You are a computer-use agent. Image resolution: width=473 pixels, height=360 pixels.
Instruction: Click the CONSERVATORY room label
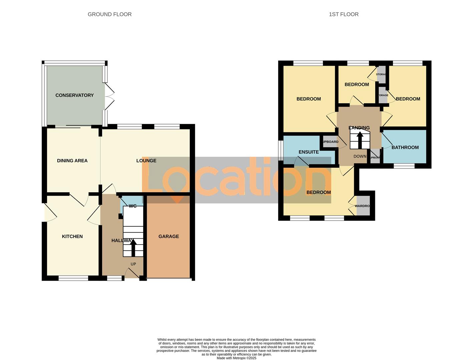[x=74, y=95]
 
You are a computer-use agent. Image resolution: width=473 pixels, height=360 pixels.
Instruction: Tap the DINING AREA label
[x=72, y=161]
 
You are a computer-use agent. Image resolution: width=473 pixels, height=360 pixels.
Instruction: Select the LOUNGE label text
[x=146, y=161]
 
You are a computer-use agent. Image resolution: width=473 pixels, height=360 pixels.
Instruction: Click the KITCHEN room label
[x=72, y=236]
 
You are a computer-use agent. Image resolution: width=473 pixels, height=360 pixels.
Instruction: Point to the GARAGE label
[x=168, y=236]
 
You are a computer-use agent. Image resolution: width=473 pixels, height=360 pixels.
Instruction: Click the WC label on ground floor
[x=132, y=206]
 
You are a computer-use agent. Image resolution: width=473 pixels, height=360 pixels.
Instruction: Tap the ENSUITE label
[x=309, y=152]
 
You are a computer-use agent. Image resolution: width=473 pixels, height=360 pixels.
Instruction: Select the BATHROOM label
[x=405, y=147]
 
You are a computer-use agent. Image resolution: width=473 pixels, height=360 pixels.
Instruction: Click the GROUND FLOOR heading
[x=109, y=14]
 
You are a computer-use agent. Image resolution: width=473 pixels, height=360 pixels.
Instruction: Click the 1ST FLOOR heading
[x=344, y=14]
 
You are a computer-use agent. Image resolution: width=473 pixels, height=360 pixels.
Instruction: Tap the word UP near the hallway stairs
[x=133, y=264]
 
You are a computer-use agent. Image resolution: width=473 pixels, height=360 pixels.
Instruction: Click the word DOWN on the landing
[x=360, y=156]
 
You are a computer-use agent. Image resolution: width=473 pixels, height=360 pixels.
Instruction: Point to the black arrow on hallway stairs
[x=133, y=248]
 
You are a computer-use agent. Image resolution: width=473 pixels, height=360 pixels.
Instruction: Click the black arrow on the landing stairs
[x=360, y=140]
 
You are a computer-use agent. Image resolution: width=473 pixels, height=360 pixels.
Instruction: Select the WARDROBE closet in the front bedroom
[x=363, y=206]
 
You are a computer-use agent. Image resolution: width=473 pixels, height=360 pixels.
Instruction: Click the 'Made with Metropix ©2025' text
[x=236, y=358]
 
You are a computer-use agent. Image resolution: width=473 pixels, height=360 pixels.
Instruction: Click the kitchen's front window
[x=73, y=278]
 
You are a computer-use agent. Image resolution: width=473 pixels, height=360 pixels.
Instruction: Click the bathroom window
[x=404, y=166]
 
